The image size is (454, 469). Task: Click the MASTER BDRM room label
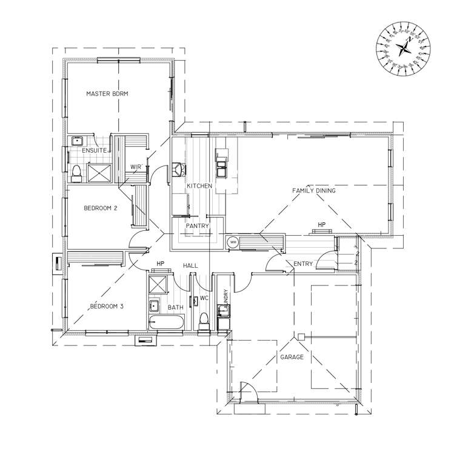[x=107, y=94]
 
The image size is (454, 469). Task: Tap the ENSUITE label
[x=95, y=150]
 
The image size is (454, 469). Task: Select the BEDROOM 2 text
[x=100, y=208]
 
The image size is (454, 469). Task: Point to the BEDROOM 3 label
[x=107, y=307]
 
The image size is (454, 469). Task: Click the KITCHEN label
[x=199, y=186]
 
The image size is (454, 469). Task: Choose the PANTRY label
[x=197, y=226]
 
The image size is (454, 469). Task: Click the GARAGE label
[x=292, y=358]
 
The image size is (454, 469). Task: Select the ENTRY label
[x=303, y=264]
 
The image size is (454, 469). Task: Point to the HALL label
[x=191, y=265]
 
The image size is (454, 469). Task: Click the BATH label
[x=176, y=308]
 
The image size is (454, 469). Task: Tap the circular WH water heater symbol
[x=233, y=243]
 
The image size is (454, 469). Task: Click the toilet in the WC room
[x=204, y=320]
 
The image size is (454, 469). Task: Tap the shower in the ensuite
[x=99, y=172]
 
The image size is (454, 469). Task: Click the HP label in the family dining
[x=322, y=225]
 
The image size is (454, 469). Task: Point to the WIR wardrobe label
[x=136, y=167]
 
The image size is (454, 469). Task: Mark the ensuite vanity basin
[x=77, y=141]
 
